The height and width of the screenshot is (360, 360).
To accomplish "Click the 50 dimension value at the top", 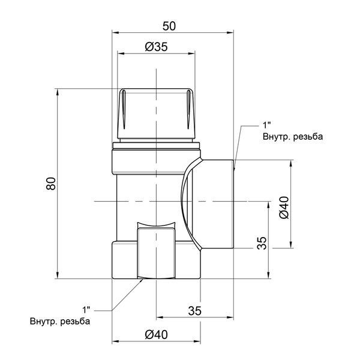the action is pyautogui.click(x=169, y=26).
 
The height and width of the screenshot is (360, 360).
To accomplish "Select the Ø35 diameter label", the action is pyautogui.click(x=157, y=47).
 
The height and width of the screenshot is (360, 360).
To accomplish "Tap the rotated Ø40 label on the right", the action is pyautogui.click(x=284, y=208).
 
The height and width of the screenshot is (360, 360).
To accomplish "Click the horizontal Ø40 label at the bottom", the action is pyautogui.click(x=157, y=335).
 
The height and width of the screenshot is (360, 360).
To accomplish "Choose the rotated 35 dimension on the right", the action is pyautogui.click(x=262, y=243).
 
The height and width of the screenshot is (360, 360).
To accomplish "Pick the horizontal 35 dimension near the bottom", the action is pyautogui.click(x=194, y=311).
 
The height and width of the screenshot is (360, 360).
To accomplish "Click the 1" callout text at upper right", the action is pyautogui.click(x=267, y=125).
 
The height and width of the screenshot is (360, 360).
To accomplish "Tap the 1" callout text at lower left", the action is pyautogui.click(x=86, y=310).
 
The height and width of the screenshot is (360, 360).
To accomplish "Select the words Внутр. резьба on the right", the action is pyautogui.click(x=293, y=137).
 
